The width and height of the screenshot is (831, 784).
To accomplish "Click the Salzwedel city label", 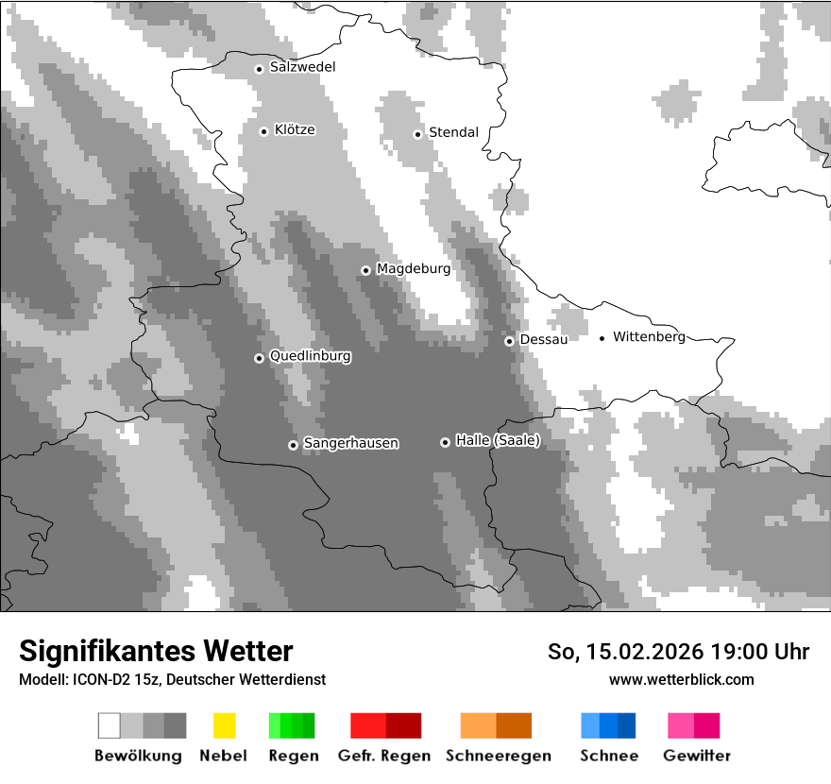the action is coord(302,67).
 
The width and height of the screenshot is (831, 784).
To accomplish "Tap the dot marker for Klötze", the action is coord(263,131).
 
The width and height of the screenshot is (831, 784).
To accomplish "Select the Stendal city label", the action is coord(453,132).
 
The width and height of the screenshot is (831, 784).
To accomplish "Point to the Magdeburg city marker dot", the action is coord(365,270).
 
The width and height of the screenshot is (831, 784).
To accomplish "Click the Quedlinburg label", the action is coord(310,356).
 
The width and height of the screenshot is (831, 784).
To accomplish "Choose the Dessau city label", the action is coord(543,339).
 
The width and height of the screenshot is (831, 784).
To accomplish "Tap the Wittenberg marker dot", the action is coord(602,338).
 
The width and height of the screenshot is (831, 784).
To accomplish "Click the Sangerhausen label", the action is coord(350,443).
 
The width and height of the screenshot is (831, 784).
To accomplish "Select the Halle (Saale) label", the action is coord(498,440).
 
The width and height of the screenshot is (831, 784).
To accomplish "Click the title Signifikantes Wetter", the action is coord(156,651).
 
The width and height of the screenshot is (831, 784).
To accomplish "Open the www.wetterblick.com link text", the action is coord(681,679).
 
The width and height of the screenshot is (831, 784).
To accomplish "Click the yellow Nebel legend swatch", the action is coord(224,725).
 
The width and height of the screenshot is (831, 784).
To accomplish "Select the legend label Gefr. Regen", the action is coord(384,756).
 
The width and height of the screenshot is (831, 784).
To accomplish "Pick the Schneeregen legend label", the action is coord(499,756).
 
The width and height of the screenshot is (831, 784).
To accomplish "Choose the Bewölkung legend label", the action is coord(138,756).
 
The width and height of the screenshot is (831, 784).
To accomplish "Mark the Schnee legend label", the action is coord(608,756).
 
